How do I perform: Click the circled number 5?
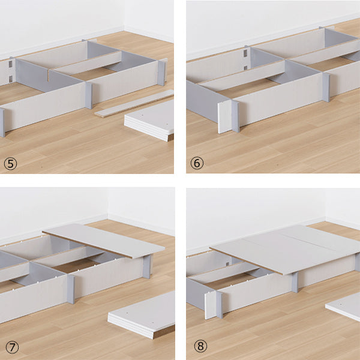coord(10,164)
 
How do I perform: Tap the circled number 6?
coord(197,163)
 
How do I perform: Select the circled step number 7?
coord(12,347)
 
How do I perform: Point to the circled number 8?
coord(200,346)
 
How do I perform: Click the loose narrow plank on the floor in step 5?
coord(134,104)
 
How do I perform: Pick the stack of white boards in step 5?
coord(149,121)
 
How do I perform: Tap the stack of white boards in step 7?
coord(142,315)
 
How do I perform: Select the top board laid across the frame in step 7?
coord(104,241)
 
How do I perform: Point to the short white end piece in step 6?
coord(224,116)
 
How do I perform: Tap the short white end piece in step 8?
coord(211,305)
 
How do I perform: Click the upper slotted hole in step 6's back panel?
coord(245,53)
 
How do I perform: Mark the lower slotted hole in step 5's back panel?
coord(11,79)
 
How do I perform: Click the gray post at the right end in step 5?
coord(161,73)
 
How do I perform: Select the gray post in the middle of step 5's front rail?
coord(89,95)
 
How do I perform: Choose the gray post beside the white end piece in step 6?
coord(235,116)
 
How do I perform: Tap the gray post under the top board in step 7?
coord(147,266)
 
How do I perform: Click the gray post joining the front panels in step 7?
coord(71,289)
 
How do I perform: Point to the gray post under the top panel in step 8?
coord(295,282)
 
